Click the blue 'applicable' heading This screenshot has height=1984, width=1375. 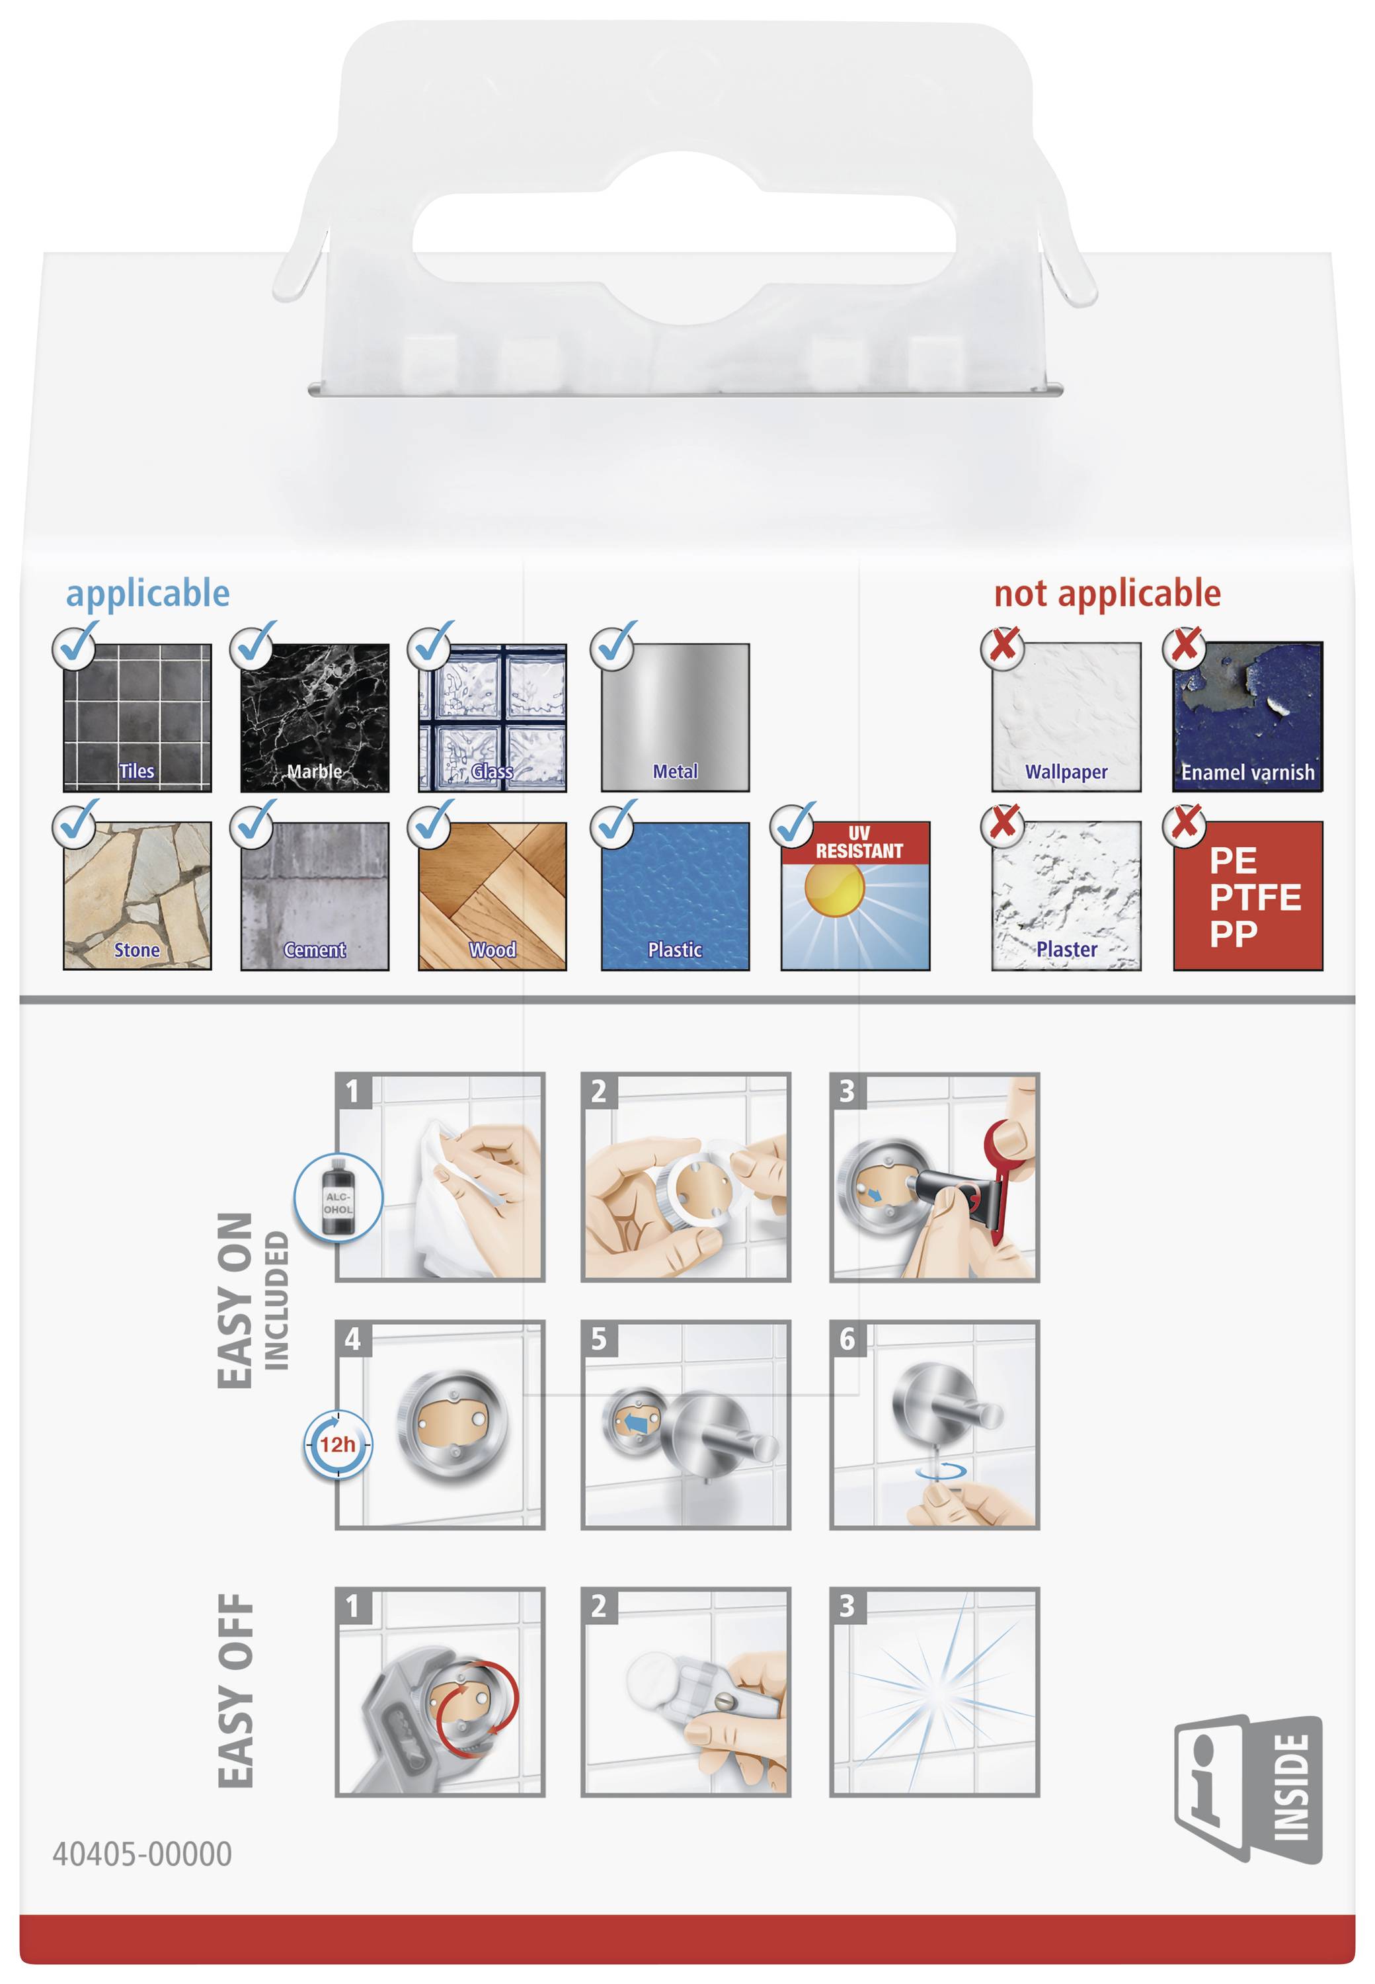(x=148, y=595)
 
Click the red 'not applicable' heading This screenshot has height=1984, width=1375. (x=1107, y=595)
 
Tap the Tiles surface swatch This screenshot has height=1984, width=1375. (x=137, y=717)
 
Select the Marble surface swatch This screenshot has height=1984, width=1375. (x=315, y=717)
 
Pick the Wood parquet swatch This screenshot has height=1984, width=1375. (x=492, y=896)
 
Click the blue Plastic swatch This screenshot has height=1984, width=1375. (x=676, y=896)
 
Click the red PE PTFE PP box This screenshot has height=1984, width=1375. (x=1247, y=896)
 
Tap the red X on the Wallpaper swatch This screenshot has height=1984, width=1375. (x=1003, y=645)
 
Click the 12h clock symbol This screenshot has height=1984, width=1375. (x=338, y=1444)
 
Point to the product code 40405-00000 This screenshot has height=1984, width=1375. (x=142, y=1853)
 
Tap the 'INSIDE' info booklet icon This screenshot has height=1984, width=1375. (x=1247, y=1788)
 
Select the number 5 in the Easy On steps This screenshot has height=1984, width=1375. (x=599, y=1339)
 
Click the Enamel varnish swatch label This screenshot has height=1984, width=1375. (x=1247, y=773)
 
